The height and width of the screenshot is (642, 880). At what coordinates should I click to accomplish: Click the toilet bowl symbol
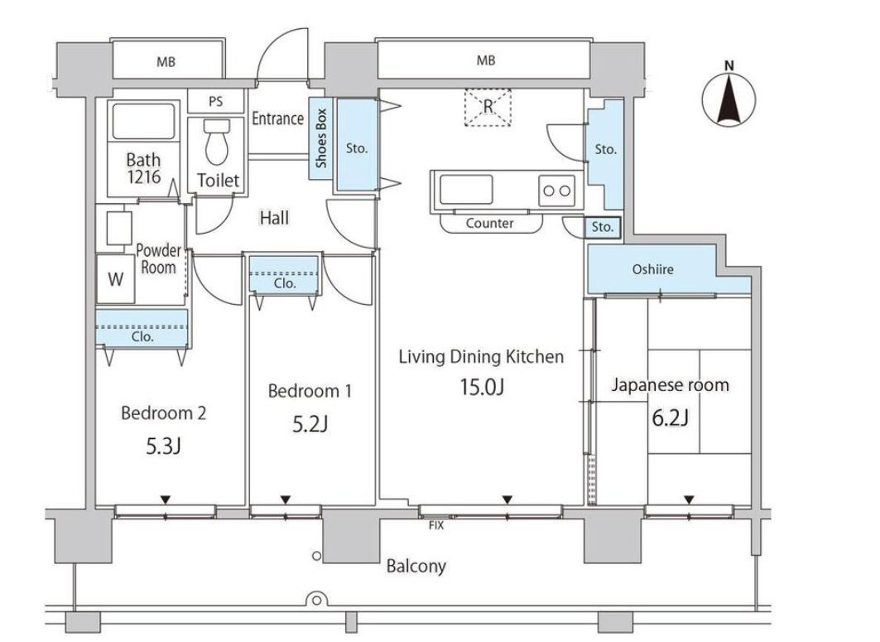(217, 142)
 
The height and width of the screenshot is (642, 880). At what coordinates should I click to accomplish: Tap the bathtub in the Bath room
(144, 121)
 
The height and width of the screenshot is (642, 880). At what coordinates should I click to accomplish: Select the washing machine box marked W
(116, 279)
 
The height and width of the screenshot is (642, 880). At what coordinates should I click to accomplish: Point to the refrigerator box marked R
(488, 107)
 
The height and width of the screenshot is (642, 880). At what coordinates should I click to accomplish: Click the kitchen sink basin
(466, 189)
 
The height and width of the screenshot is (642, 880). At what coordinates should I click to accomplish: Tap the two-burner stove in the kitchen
(557, 191)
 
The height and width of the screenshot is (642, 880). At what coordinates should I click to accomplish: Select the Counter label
(489, 224)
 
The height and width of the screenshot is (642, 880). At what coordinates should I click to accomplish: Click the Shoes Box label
(321, 138)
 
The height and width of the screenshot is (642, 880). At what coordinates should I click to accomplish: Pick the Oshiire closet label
(652, 269)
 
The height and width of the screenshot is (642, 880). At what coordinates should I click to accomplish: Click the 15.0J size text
(482, 387)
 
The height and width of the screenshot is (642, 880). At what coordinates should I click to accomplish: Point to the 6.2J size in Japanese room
(670, 418)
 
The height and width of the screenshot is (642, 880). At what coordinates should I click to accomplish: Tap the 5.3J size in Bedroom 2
(163, 447)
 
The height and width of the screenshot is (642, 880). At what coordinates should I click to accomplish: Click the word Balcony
(416, 566)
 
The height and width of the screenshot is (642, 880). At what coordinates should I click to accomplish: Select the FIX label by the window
(436, 526)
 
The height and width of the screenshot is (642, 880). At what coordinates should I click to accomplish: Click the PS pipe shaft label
(215, 102)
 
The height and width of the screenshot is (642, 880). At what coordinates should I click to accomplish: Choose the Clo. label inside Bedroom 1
(285, 283)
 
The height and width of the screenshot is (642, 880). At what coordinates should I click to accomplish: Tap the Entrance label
(278, 118)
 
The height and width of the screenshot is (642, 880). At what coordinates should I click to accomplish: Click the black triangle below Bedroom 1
(285, 499)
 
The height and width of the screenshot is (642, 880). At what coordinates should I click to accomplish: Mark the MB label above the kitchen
(486, 60)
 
